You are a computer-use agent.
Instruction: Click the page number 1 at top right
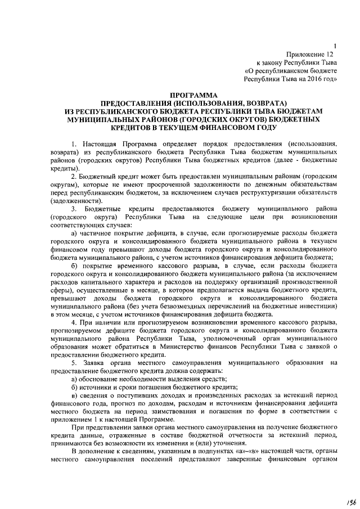[335, 46]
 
